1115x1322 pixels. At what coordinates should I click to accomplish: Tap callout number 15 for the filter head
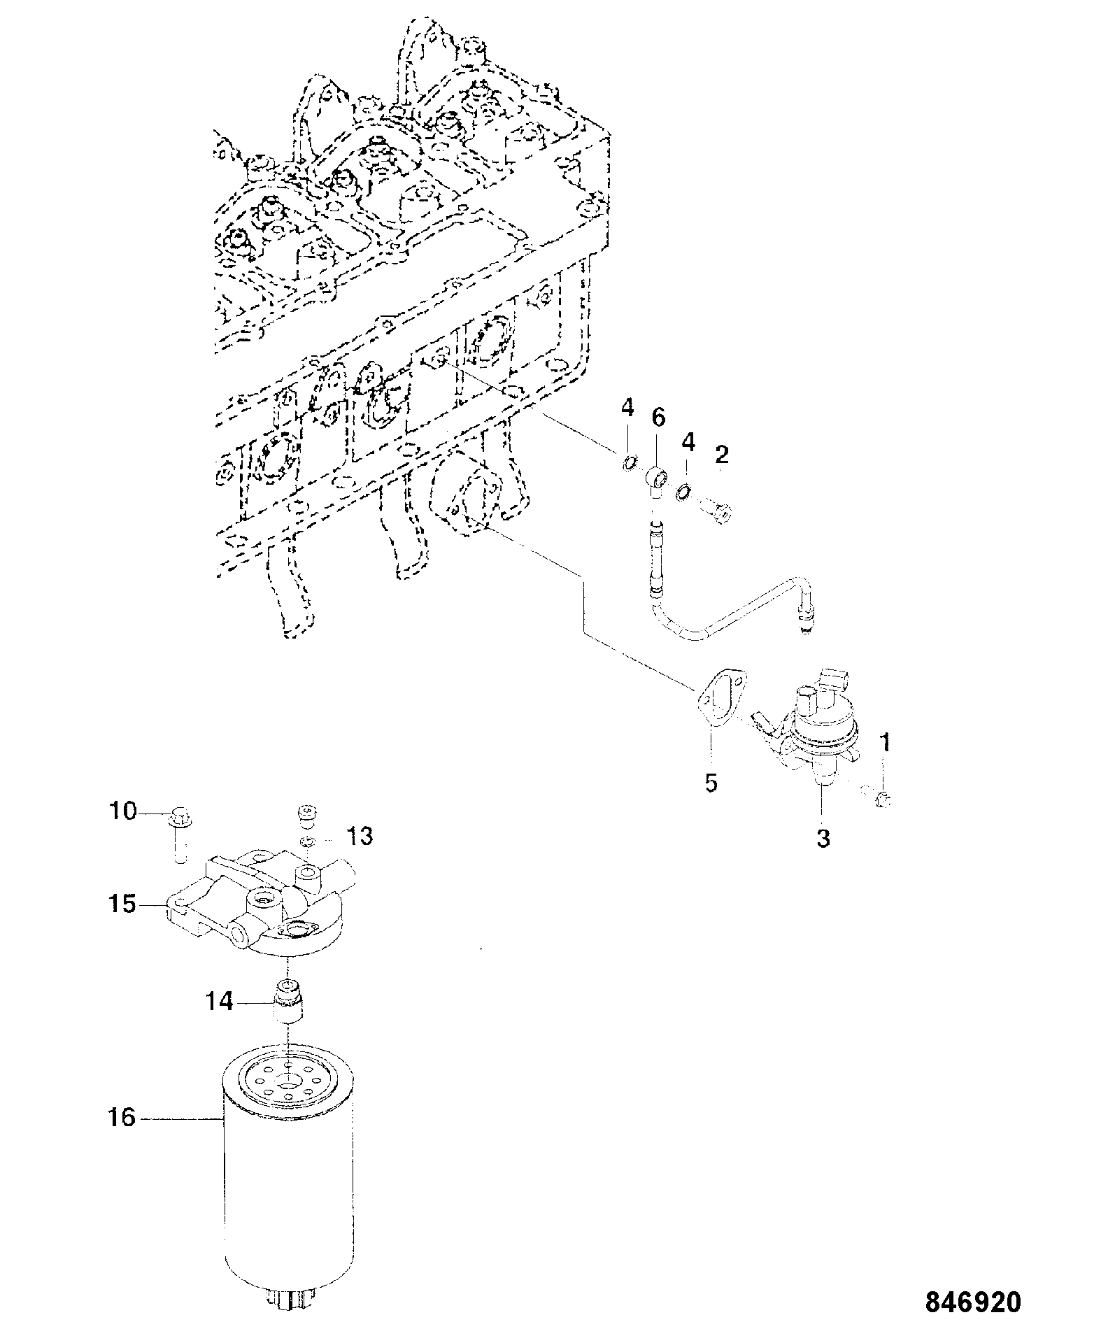(x=122, y=904)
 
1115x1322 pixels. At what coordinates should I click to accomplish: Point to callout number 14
(x=220, y=1002)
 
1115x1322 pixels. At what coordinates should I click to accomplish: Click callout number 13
(x=360, y=836)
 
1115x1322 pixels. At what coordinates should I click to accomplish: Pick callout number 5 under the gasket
(x=711, y=782)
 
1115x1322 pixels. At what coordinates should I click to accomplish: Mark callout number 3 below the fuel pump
(x=823, y=837)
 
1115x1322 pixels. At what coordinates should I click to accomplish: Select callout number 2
(x=722, y=455)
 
